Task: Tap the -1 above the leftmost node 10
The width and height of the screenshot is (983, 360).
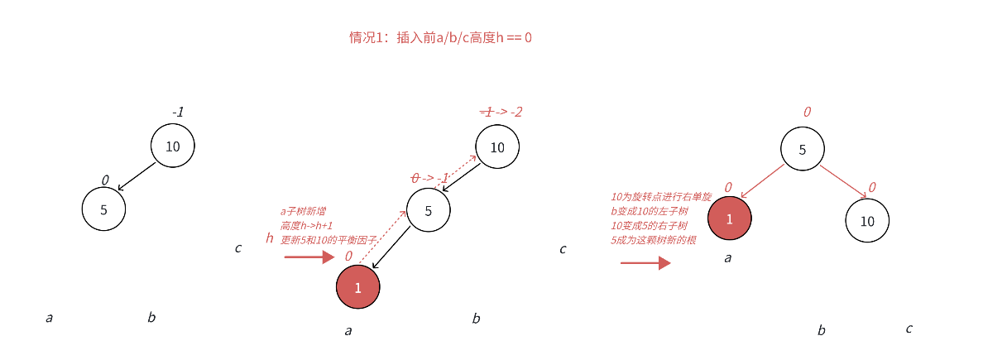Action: [x=178, y=112]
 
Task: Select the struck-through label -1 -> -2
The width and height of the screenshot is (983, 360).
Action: [x=501, y=112]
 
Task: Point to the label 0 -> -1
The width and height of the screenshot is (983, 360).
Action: [x=430, y=178]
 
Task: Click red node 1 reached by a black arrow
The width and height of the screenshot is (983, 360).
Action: [x=358, y=287]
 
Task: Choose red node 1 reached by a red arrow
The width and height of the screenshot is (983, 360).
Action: [x=730, y=219]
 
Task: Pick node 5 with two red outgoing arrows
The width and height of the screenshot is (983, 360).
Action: [x=802, y=150]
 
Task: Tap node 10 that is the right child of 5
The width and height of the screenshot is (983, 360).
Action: [x=867, y=221]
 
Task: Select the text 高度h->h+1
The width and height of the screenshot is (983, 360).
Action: [x=307, y=225]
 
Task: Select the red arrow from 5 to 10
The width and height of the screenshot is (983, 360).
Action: [x=843, y=181]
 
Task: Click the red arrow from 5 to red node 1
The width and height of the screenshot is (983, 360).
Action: [x=762, y=181]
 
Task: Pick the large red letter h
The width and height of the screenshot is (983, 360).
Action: [x=270, y=238]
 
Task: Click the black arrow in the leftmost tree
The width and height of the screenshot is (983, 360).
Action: [x=137, y=175]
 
